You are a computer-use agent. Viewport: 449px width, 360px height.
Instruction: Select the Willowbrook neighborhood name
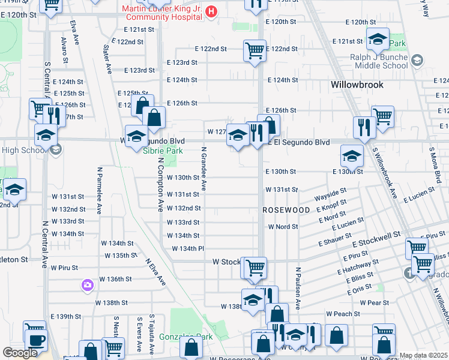point(357,85)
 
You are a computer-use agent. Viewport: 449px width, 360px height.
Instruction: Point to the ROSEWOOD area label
point(286,211)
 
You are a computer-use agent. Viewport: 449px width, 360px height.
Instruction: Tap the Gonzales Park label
point(190,337)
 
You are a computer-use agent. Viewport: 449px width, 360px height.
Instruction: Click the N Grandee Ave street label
point(203,169)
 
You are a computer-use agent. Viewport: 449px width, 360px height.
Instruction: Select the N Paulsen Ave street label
point(297,289)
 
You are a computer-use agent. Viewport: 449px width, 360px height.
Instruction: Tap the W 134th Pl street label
point(188,248)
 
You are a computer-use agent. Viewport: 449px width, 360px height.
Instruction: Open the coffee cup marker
point(35,339)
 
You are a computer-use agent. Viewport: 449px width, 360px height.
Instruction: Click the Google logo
point(20,353)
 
